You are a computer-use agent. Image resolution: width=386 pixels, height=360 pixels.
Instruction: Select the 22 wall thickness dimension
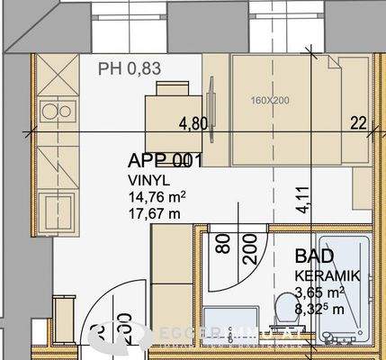coord(358,123)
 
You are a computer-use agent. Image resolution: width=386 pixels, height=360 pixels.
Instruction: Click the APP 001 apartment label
coord(164,162)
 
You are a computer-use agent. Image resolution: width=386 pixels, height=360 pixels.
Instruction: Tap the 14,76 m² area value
coord(157,197)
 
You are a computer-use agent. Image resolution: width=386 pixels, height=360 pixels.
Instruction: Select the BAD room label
coord(310,256)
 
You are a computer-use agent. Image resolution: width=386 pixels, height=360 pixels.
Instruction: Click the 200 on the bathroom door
coord(249,244)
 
